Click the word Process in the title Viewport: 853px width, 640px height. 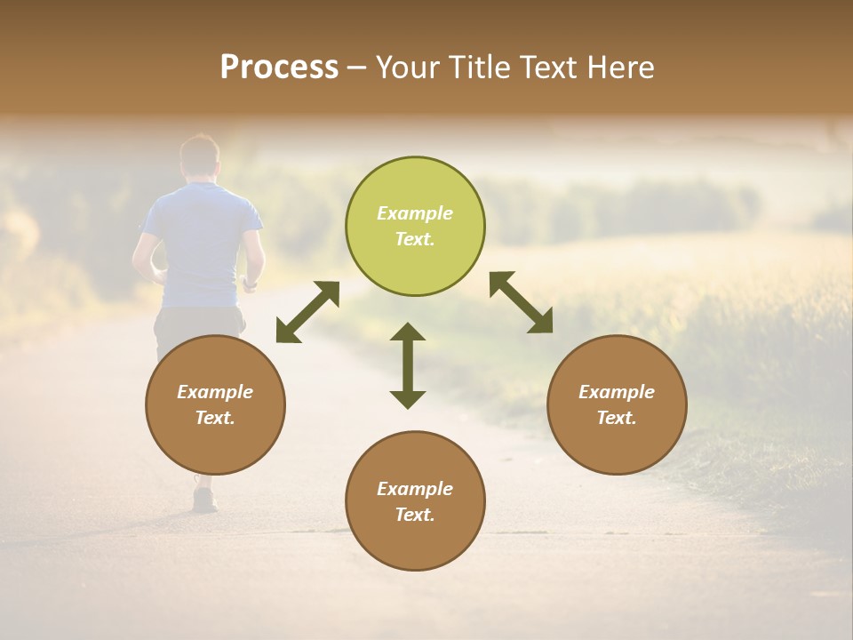279,68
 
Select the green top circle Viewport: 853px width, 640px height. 415,227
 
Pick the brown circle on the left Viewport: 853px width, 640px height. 215,404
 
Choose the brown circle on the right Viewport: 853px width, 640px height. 617,404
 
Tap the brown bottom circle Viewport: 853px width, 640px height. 415,501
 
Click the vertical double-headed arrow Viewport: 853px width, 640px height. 408,365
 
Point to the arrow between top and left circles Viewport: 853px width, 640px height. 307,312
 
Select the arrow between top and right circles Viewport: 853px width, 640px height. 522,302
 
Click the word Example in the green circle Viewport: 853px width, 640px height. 415,213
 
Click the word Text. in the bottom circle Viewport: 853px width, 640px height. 415,515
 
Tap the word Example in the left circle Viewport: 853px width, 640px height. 215,392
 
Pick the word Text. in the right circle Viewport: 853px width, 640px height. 617,418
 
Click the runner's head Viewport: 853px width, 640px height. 199,155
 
